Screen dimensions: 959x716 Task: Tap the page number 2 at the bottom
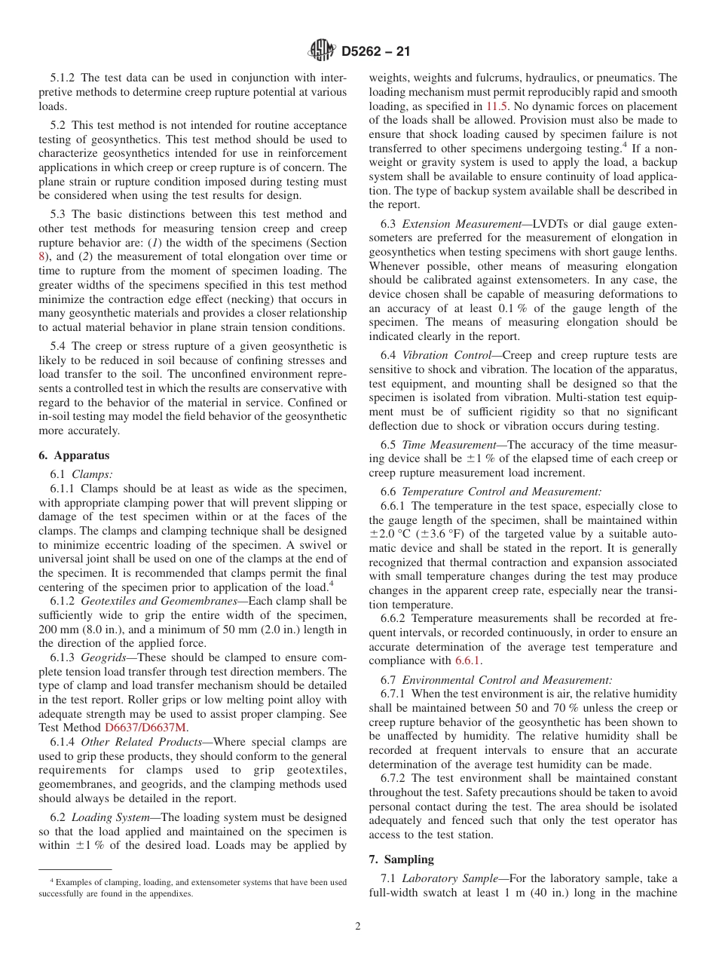click(358, 927)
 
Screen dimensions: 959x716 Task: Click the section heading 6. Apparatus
click(74, 455)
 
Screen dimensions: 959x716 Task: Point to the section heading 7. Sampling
click(401, 859)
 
